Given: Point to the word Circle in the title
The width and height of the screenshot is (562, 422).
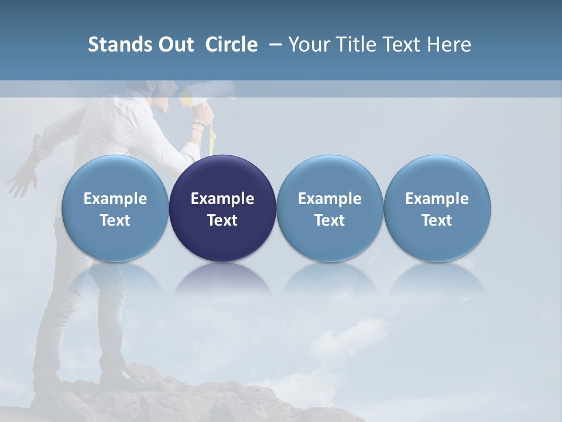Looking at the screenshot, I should coord(231,45).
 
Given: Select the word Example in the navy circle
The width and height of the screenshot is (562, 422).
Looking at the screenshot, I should coord(222,199).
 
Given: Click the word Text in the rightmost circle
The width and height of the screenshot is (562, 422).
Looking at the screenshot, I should coord(437,220).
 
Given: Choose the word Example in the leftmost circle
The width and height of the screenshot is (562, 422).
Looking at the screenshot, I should coord(115,199).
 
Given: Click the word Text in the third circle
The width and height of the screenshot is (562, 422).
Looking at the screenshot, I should coord(330,220).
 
